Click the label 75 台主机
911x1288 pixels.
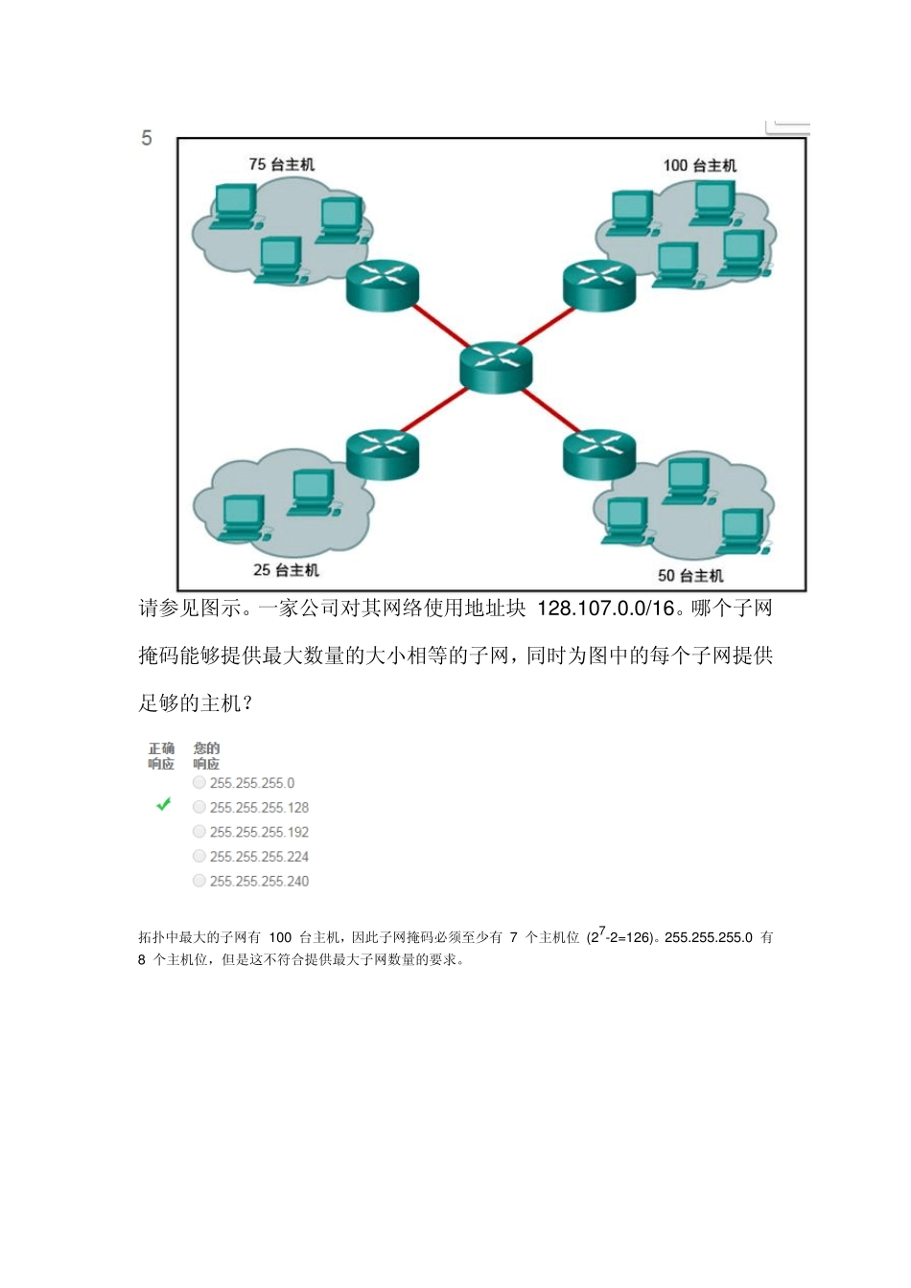(x=281, y=164)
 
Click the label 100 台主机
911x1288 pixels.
(x=700, y=165)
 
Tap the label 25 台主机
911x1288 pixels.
(x=286, y=570)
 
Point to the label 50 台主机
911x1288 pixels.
(x=690, y=575)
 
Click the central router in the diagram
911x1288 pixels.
(x=495, y=368)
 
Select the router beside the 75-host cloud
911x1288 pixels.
(x=383, y=285)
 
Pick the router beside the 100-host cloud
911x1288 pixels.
(x=599, y=285)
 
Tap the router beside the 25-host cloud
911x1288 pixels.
(x=383, y=453)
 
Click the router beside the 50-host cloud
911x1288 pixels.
(x=599, y=453)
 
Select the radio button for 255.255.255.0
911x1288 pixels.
(x=199, y=783)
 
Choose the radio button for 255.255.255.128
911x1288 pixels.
(x=199, y=807)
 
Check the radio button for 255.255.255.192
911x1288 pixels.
(x=199, y=832)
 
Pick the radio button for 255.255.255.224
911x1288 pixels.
(x=199, y=856)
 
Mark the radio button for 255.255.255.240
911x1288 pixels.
(x=199, y=881)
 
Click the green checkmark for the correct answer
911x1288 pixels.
(x=164, y=805)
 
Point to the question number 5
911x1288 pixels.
(x=147, y=138)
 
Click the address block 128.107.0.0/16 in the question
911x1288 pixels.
(x=606, y=609)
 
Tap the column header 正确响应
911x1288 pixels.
(x=161, y=756)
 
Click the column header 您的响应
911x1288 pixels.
(x=206, y=756)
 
